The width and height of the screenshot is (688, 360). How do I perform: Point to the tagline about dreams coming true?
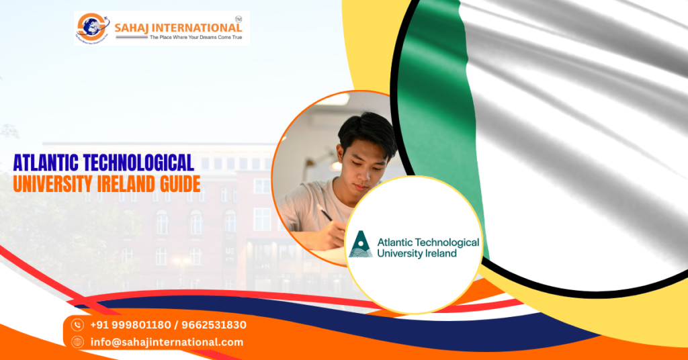(x=194, y=38)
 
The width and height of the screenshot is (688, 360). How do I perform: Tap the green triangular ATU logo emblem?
(x=360, y=244)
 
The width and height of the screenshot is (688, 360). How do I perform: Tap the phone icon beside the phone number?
(x=77, y=325)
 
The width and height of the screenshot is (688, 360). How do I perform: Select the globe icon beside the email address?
(x=77, y=342)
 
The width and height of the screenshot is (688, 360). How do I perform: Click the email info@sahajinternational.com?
(x=167, y=342)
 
